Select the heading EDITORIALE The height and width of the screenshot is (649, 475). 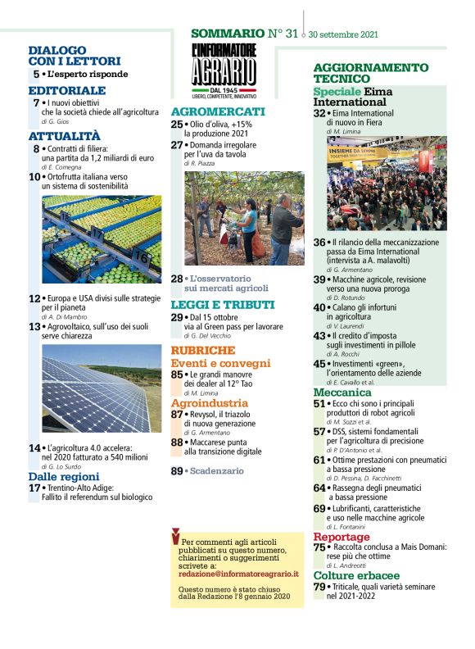click(x=66, y=90)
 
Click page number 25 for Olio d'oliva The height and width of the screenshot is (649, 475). click(x=177, y=124)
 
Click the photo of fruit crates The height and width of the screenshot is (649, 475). click(x=101, y=238)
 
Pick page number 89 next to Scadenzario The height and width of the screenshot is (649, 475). click(x=177, y=471)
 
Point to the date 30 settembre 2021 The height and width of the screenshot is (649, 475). click(x=342, y=35)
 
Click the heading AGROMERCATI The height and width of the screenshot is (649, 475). click(x=218, y=111)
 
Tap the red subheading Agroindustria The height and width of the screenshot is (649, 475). click(x=209, y=403)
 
